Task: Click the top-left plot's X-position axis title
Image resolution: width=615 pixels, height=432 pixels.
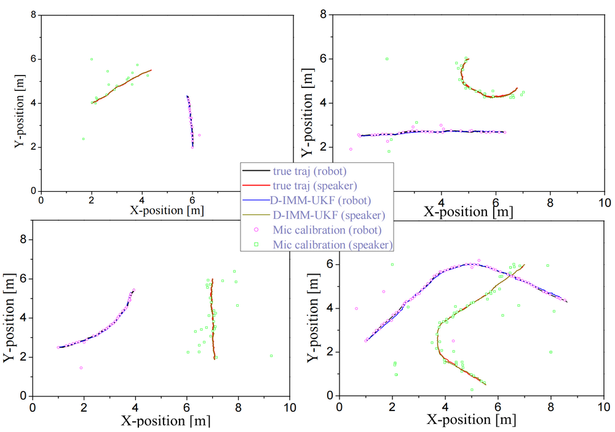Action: (x=167, y=210)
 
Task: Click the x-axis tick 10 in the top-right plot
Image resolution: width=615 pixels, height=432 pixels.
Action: (x=605, y=202)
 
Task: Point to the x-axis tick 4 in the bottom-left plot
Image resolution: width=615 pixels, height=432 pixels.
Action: (x=135, y=407)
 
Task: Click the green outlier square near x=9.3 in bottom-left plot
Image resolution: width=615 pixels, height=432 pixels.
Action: (x=271, y=356)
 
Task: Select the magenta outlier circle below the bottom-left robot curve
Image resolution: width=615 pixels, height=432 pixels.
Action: (x=81, y=368)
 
